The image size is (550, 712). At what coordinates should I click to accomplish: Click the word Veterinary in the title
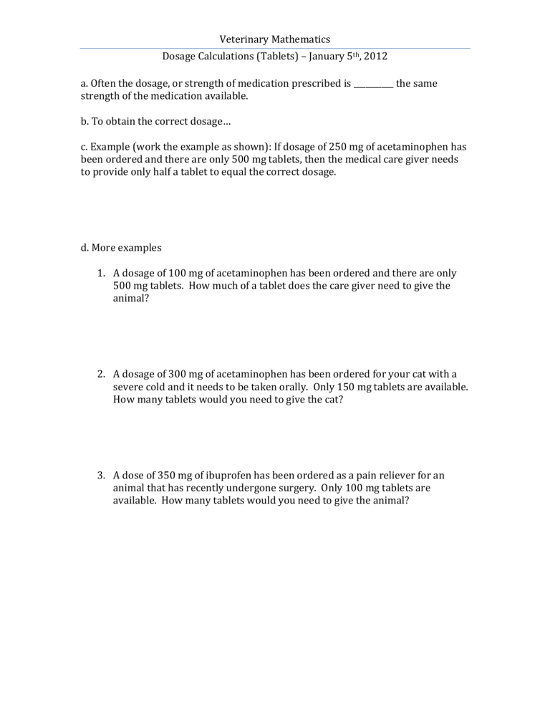pos(244,39)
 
